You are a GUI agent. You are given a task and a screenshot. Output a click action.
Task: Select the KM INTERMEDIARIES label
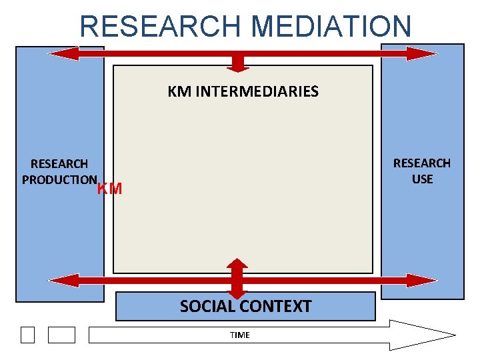(x=243, y=91)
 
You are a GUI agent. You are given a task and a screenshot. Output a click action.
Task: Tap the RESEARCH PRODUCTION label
(x=59, y=171)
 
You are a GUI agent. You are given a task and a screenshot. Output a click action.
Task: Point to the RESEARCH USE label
(x=421, y=171)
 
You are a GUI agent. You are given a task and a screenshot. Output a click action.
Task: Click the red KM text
(x=110, y=189)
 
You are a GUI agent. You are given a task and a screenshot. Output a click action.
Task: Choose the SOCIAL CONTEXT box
(x=245, y=307)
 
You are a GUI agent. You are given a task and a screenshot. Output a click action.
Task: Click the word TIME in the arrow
(x=239, y=335)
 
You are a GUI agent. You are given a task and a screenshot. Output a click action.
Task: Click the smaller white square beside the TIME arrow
(x=27, y=335)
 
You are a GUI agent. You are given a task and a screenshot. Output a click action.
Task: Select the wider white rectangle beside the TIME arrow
(x=61, y=335)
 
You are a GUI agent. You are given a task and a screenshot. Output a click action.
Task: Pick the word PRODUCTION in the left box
(x=59, y=179)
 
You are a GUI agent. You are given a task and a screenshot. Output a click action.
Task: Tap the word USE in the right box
(x=422, y=179)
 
